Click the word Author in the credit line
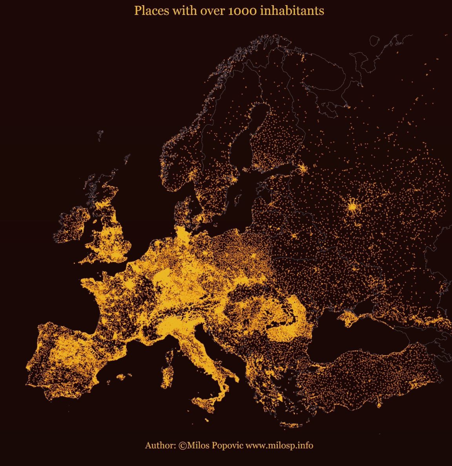[x=160, y=446]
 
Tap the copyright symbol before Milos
[x=182, y=446]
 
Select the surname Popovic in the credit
[x=228, y=446]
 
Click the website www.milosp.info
[x=279, y=446]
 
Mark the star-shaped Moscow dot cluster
[x=352, y=206]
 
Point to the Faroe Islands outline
[x=100, y=135]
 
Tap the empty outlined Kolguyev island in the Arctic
[x=374, y=40]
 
